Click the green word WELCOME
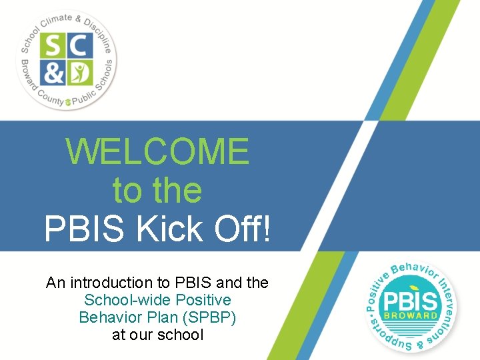(x=157, y=151)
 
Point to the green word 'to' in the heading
(x=127, y=190)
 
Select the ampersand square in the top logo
(x=53, y=72)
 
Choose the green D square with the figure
(x=79, y=72)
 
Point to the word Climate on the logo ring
(x=59, y=21)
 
